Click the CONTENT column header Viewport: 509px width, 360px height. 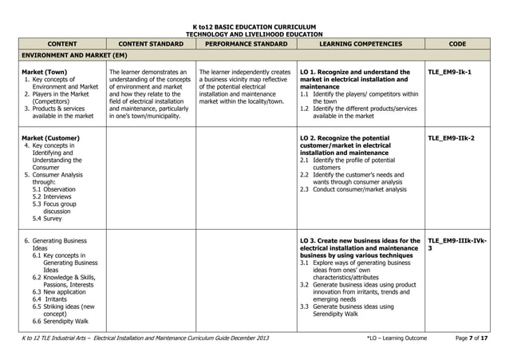57,44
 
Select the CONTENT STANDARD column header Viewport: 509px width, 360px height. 147,44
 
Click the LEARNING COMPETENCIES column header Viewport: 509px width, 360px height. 359,44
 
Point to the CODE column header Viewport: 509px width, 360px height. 457,44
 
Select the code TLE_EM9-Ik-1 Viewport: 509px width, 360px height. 449,73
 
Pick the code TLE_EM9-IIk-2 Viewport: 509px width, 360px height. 451,138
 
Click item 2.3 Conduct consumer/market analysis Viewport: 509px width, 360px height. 356,188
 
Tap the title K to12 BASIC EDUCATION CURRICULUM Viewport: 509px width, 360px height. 254,26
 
